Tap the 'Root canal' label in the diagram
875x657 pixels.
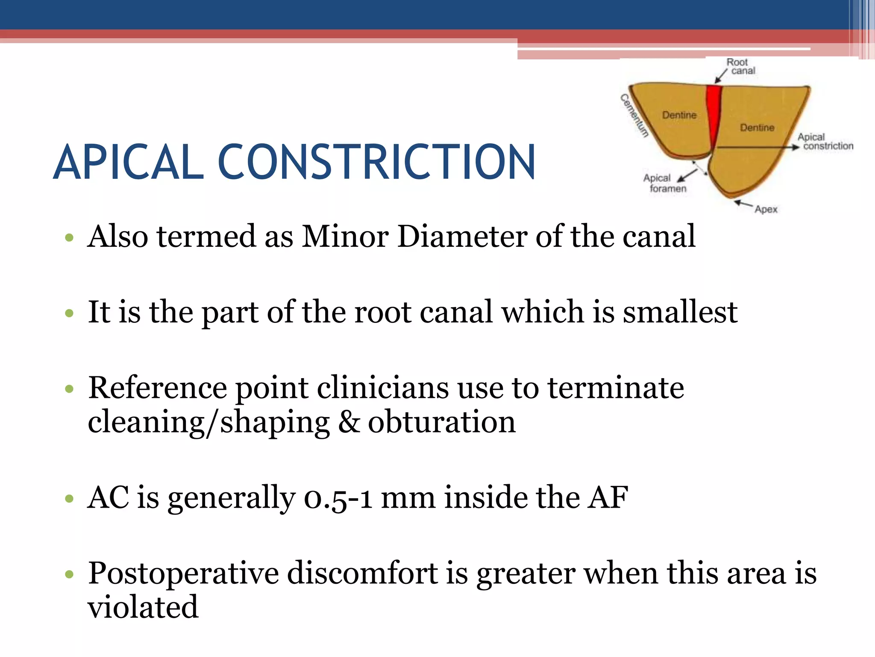coord(740,66)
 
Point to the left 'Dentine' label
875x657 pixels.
coord(679,115)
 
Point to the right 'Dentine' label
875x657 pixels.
coord(757,127)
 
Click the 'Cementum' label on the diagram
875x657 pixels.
coord(634,115)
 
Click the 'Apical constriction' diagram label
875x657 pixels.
coord(825,142)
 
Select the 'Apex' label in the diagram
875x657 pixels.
coord(766,209)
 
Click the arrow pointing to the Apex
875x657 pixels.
coord(743,204)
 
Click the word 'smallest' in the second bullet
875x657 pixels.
coord(680,312)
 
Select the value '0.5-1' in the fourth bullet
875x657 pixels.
coord(338,498)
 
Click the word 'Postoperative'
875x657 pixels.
coord(183,573)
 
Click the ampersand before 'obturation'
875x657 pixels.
coord(349,422)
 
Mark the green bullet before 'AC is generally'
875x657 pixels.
coord(69,499)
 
